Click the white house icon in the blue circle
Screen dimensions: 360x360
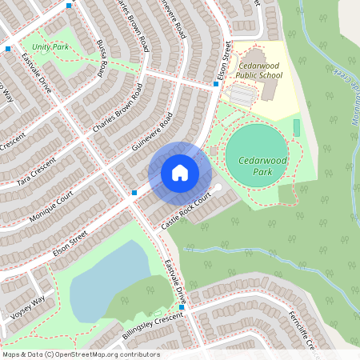(x=180, y=173)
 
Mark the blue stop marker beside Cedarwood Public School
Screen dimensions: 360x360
(x=216, y=83)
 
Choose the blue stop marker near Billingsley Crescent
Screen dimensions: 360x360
(x=182, y=307)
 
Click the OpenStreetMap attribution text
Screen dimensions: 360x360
(x=80, y=354)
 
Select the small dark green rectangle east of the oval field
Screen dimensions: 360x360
(x=297, y=127)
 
